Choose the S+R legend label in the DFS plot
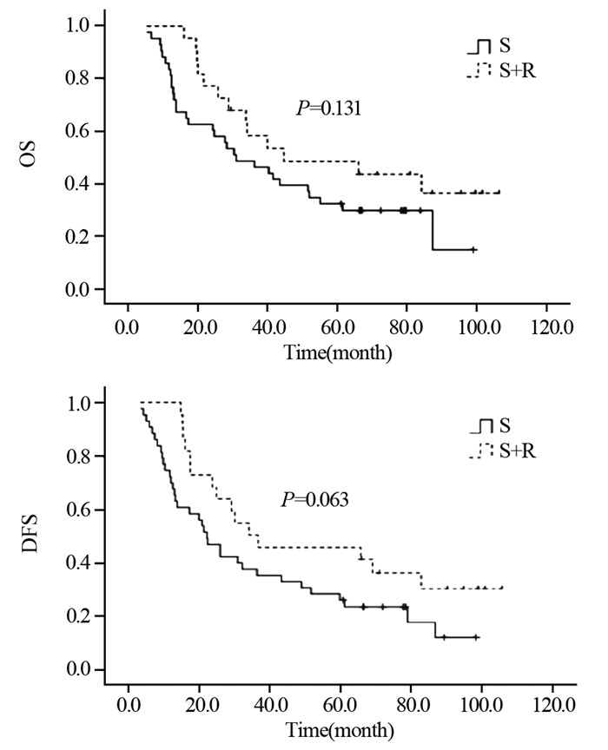pos(518,450)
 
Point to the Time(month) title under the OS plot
pos(337,353)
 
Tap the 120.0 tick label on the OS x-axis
pos(545,330)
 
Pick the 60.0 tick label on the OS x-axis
pos(337,330)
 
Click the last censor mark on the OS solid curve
pos(473,249)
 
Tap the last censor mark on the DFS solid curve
pos(475,637)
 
